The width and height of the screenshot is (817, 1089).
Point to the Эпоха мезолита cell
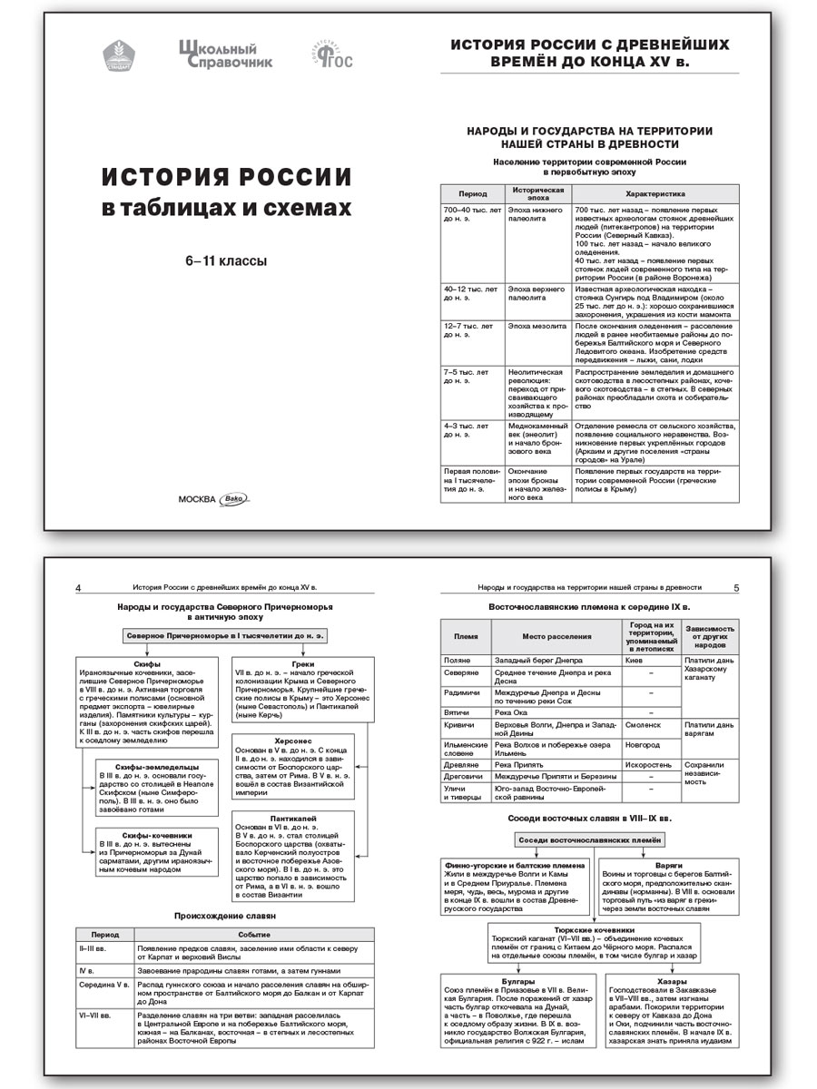pyautogui.click(x=535, y=325)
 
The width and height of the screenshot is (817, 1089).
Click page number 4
pyautogui.click(x=79, y=588)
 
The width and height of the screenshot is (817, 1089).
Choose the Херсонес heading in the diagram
pyautogui.click(x=287, y=740)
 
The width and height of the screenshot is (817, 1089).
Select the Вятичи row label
pyautogui.click(x=456, y=712)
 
